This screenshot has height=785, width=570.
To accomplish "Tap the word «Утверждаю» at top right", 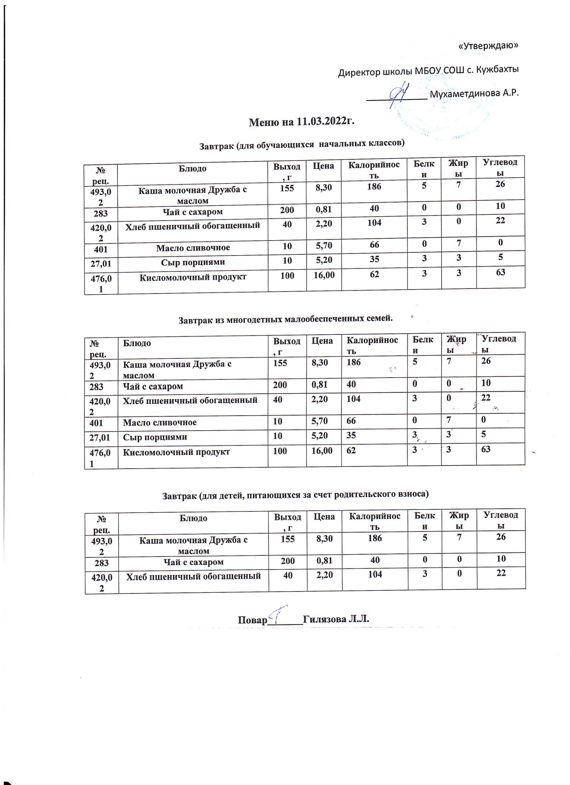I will pyautogui.click(x=488, y=46).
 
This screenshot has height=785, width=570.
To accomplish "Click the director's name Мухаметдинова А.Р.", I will pyautogui.click(x=474, y=94).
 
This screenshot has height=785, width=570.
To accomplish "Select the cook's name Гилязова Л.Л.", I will pyautogui.click(x=336, y=619).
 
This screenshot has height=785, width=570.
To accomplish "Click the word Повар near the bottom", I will pyautogui.click(x=252, y=620).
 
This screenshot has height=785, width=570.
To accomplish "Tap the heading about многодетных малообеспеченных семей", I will pyautogui.click(x=285, y=319).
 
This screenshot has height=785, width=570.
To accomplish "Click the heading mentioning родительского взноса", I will pyautogui.click(x=295, y=494).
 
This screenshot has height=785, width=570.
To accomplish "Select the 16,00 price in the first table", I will pyautogui.click(x=324, y=276).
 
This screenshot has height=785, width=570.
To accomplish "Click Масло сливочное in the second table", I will pyautogui.click(x=160, y=422).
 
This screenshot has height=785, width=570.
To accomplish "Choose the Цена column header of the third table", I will pyautogui.click(x=324, y=517).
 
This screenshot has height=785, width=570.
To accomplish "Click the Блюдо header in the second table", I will pyautogui.click(x=137, y=343).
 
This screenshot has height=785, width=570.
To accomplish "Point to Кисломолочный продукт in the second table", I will pyautogui.click(x=177, y=452).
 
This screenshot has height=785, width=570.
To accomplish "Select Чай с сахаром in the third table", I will pyautogui.click(x=193, y=562).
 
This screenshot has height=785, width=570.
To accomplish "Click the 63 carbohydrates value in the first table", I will pyautogui.click(x=500, y=272).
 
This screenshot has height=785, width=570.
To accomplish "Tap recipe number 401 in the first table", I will pyautogui.click(x=101, y=248).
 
